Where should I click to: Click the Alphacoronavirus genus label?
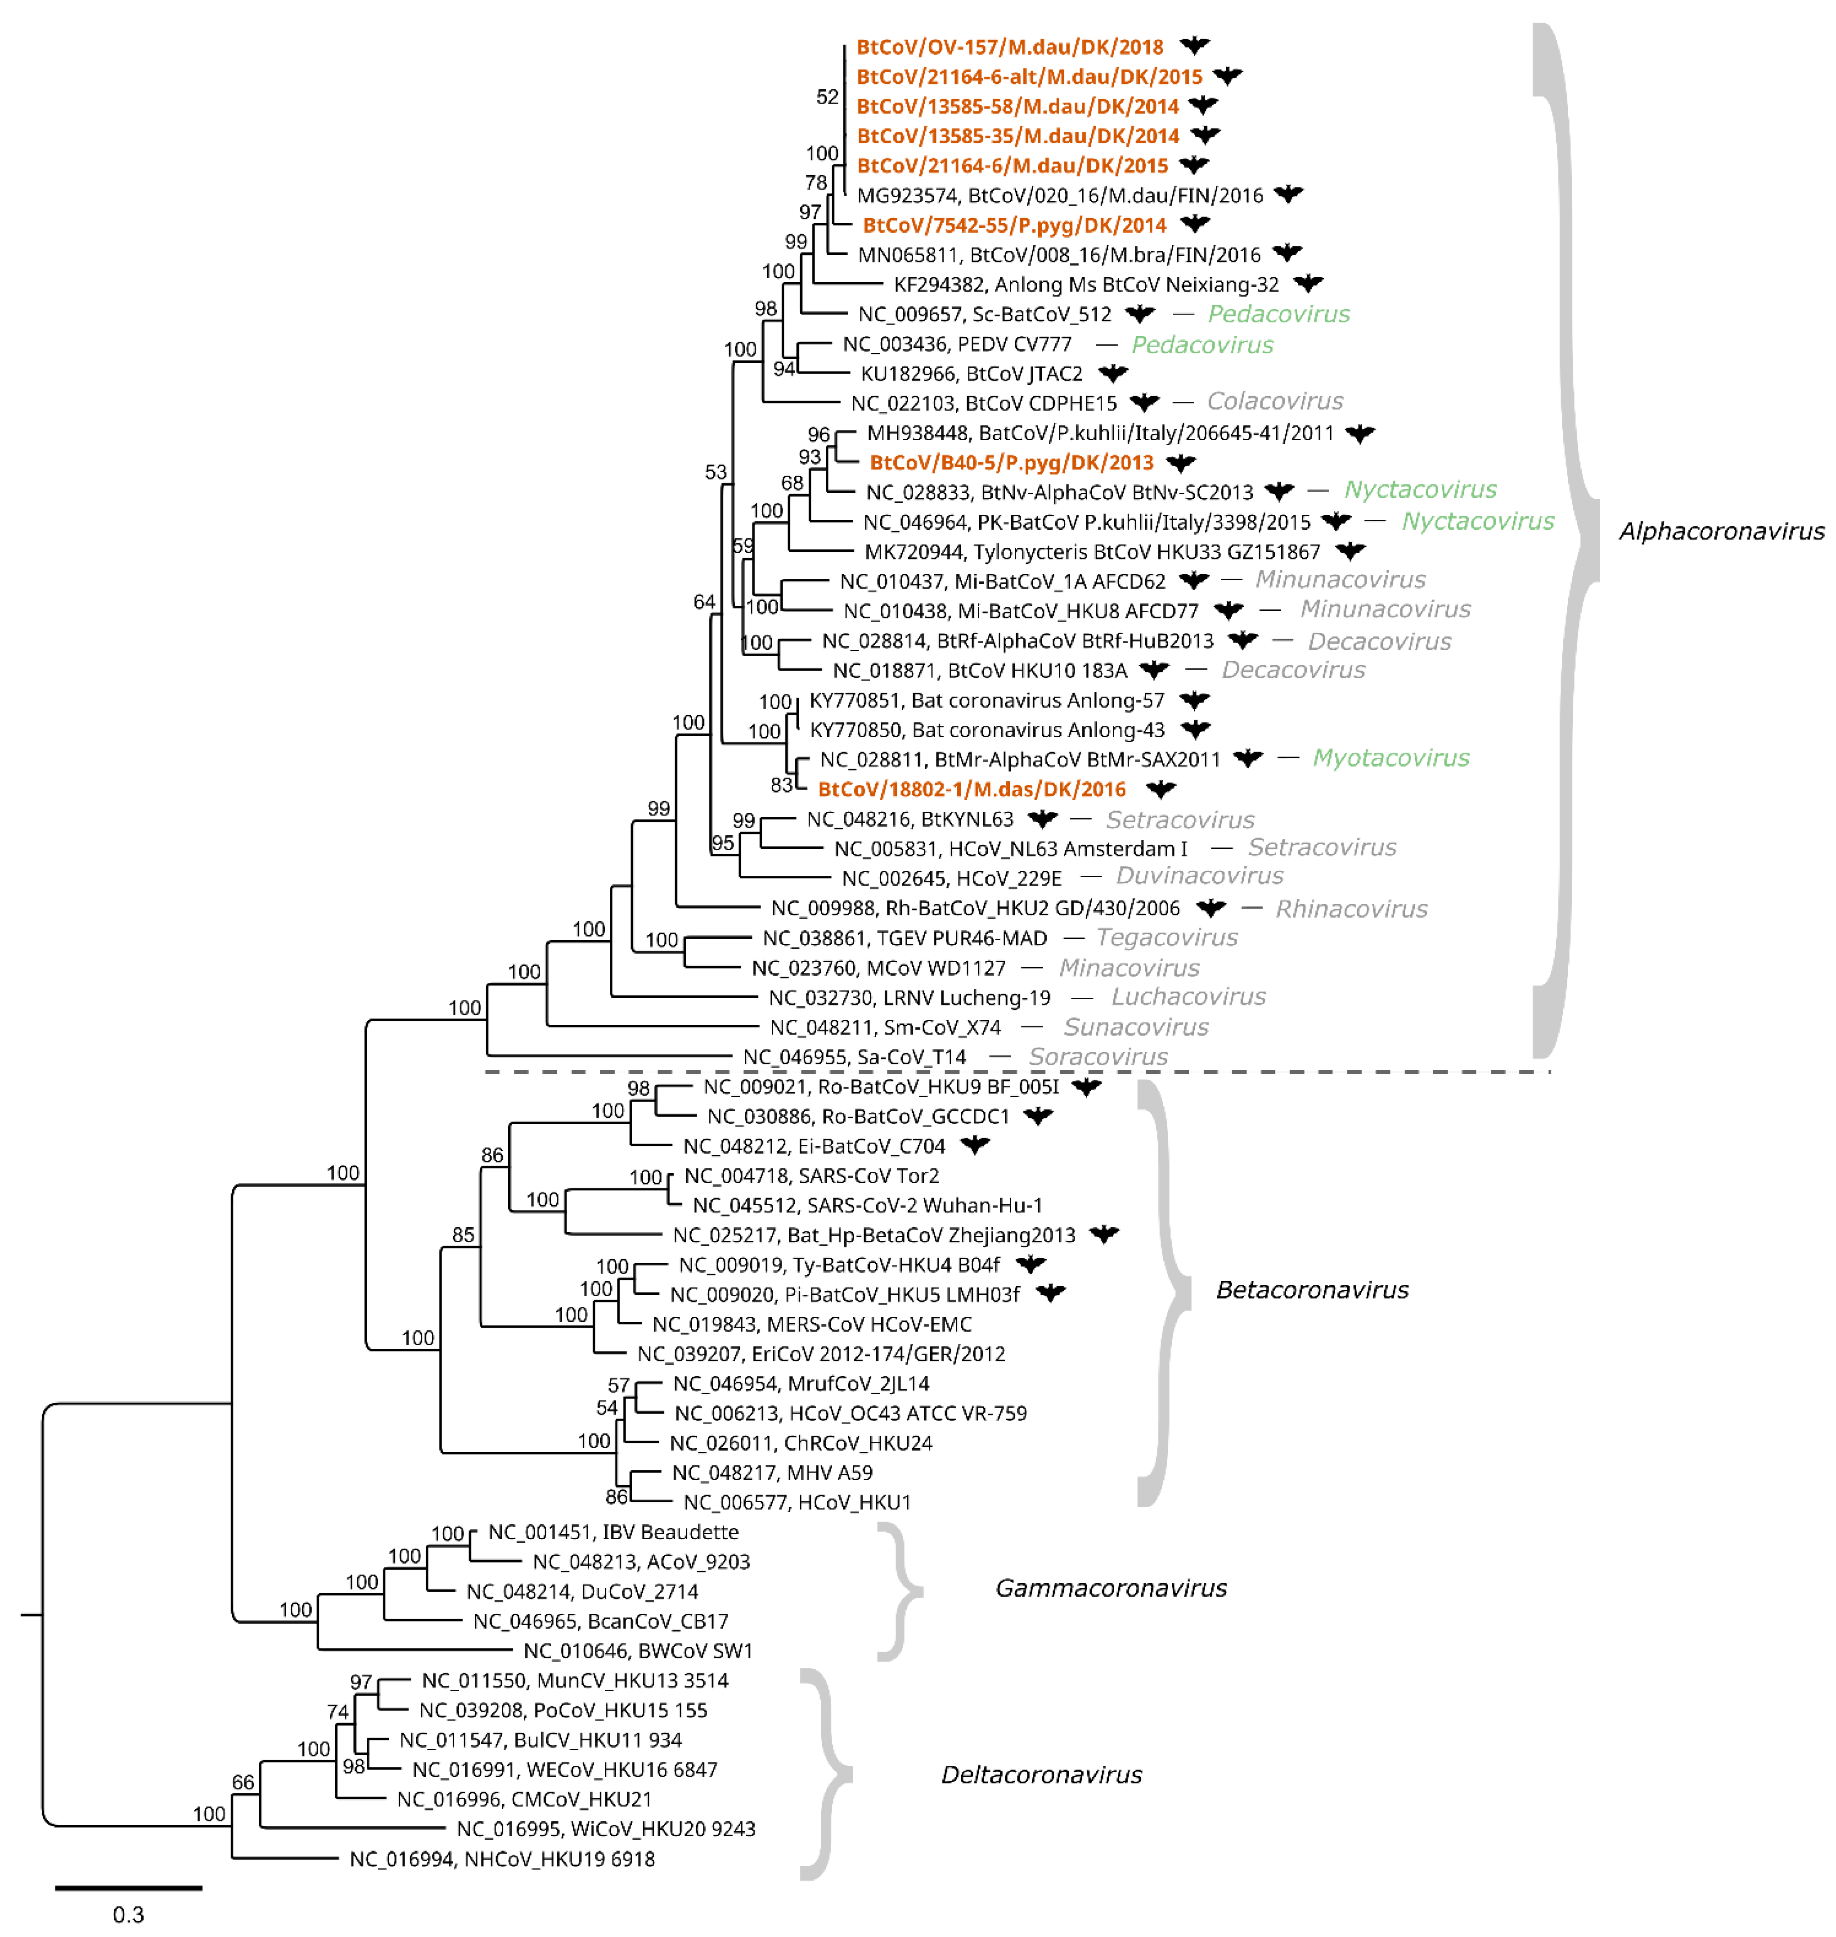tap(1720, 532)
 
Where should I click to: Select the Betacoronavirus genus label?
tap(1311, 1290)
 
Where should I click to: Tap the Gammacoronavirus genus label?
tap(1111, 1588)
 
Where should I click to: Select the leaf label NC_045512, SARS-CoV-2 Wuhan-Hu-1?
tap(867, 1205)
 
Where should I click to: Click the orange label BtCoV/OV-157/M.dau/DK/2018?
tap(1009, 47)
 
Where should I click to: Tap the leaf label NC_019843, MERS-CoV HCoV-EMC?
tap(811, 1324)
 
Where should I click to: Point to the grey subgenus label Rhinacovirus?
tap(1350, 908)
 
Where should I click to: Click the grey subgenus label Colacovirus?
tap(1274, 401)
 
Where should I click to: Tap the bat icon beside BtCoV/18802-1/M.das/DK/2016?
tap(1161, 788)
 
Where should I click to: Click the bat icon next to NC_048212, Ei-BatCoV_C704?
tap(975, 1144)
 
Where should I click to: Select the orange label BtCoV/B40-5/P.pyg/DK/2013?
tap(1011, 462)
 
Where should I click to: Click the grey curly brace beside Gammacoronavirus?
tap(899, 1590)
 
